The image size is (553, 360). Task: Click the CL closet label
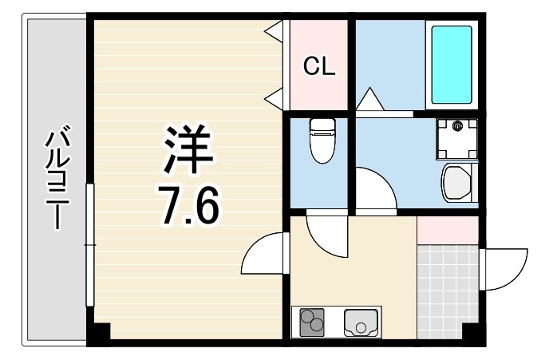318,67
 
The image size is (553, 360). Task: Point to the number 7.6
189,207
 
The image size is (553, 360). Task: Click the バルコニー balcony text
56,177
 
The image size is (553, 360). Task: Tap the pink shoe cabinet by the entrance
447,230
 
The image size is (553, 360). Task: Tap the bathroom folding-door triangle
370,101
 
